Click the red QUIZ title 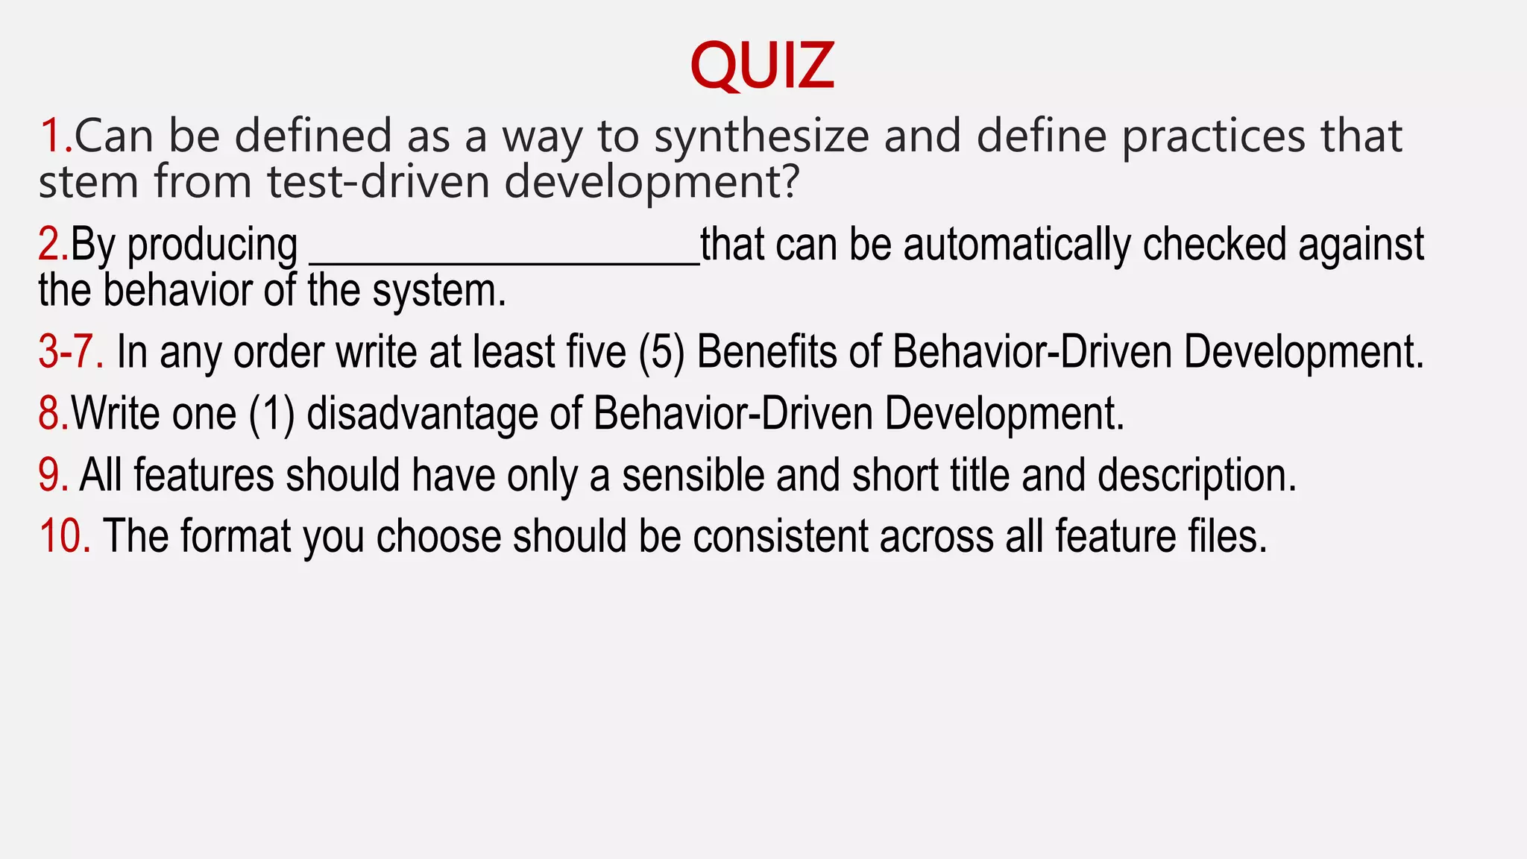click(x=762, y=66)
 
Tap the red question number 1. click(x=54, y=136)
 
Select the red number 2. click(x=51, y=245)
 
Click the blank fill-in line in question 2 click(x=504, y=261)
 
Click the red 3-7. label click(x=71, y=352)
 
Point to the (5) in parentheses click(x=661, y=352)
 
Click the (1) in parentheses click(x=271, y=414)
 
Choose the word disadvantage click(x=422, y=414)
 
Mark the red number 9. click(x=52, y=476)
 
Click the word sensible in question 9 click(x=693, y=476)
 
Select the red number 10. click(x=64, y=537)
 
